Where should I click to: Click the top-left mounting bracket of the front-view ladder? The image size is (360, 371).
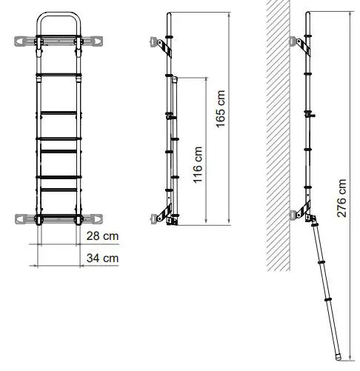[x=27, y=40]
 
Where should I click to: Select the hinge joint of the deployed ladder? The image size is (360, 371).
[x=312, y=219]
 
